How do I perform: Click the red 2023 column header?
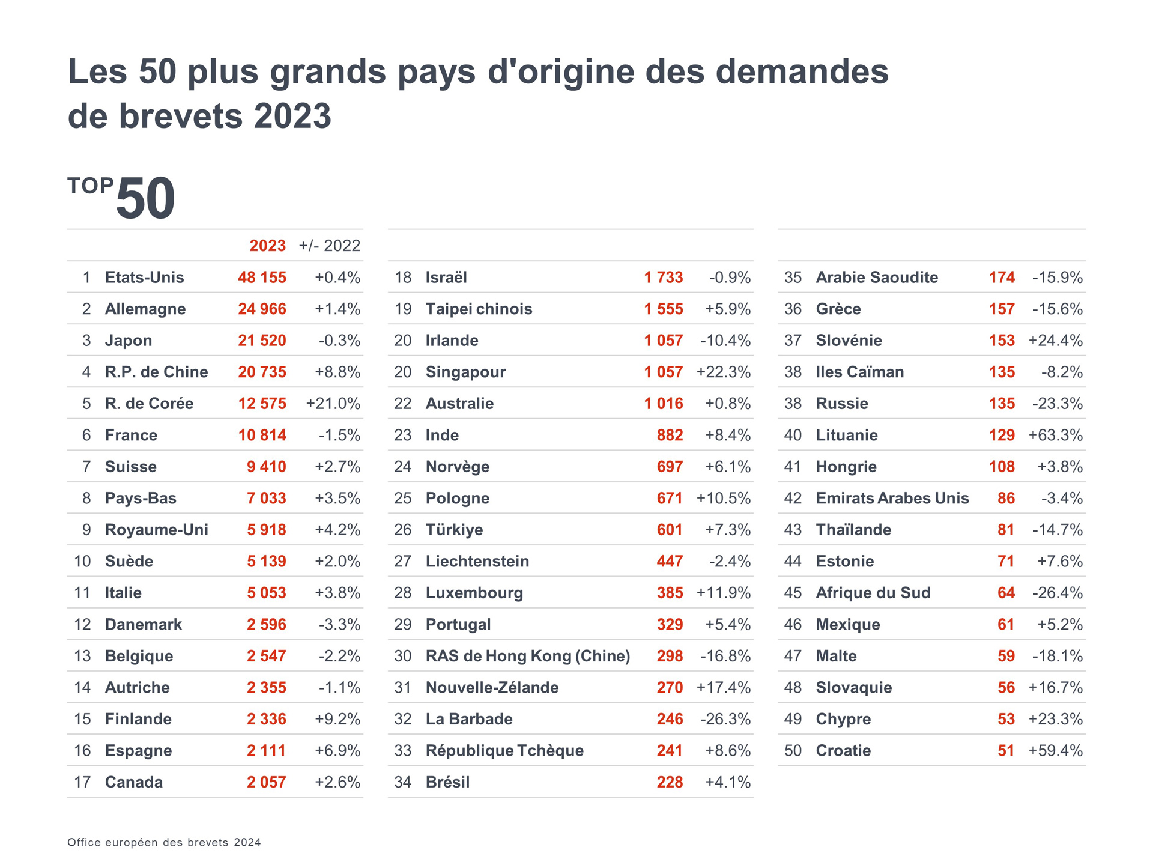[267, 246]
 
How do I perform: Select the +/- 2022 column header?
[329, 246]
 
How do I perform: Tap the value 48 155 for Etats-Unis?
[262, 278]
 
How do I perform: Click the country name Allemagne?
[145, 309]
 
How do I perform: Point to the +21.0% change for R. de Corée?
[333, 404]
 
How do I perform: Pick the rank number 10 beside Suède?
[82, 562]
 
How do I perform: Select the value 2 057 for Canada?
[266, 782]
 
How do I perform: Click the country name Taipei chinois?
[479, 309]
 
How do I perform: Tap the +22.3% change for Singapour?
[723, 372]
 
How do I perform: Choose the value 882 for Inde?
[670, 436]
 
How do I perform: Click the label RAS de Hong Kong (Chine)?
[528, 656]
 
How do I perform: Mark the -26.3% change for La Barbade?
[725, 719]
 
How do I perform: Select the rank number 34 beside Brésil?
[402, 782]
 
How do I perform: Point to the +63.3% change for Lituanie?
[1055, 436]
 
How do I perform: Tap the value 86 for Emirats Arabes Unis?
[1006, 499]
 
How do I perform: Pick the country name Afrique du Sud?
[873, 593]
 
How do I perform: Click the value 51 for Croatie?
[1006, 751]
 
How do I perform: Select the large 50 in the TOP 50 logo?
[145, 199]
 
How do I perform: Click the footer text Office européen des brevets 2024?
[164, 842]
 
